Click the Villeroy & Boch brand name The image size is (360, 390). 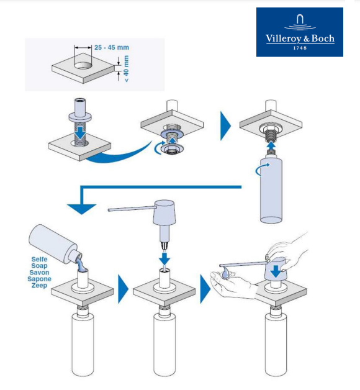(300, 39)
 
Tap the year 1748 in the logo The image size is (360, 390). (300, 48)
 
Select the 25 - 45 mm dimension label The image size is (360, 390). (112, 47)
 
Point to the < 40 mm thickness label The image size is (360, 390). (126, 69)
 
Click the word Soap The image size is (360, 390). (39, 266)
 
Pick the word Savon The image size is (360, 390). (39, 273)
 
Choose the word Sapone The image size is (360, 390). (39, 279)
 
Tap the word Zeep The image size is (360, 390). (39, 285)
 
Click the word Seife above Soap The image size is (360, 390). (39, 259)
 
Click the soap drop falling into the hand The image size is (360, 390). (225, 272)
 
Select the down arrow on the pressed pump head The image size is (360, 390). (276, 271)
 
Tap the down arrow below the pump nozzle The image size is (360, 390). (164, 259)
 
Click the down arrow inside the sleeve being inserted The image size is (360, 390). (80, 133)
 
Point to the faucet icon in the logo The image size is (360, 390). (300, 22)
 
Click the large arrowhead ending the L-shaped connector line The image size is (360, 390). (81, 209)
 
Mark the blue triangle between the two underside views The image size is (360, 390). (225, 126)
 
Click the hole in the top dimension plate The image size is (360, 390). (83, 65)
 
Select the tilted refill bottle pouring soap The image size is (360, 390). (56, 245)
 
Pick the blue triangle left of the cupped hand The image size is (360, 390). (205, 289)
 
